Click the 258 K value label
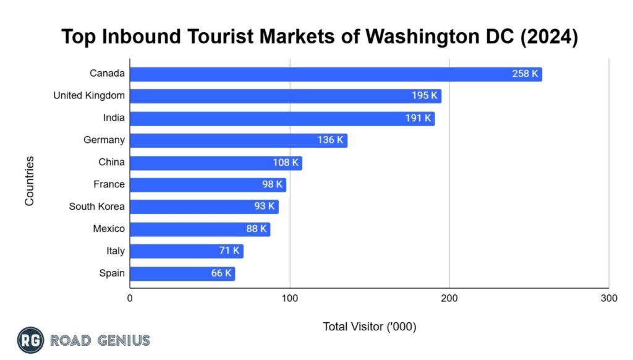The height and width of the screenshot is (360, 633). point(525,74)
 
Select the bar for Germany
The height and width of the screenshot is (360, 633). point(238,140)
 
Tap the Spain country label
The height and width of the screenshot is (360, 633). point(111,273)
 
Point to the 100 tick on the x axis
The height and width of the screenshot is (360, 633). point(289,298)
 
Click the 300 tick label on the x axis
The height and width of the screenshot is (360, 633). point(608,298)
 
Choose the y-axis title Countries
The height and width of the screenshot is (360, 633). point(29,181)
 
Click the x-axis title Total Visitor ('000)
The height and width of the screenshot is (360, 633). point(369,327)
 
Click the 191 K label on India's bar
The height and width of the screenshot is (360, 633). point(418,118)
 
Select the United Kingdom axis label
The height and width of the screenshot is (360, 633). point(88,95)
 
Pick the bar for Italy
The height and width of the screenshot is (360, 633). point(186,251)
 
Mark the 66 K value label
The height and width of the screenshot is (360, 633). point(221,273)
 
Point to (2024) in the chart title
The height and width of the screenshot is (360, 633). point(545,38)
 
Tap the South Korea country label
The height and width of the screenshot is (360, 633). point(96,207)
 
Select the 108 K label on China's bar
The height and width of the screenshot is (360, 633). point(286,163)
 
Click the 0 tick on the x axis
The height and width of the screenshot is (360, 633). point(130,298)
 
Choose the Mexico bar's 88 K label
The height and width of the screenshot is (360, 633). point(256,229)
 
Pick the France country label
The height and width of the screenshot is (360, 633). point(109,184)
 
